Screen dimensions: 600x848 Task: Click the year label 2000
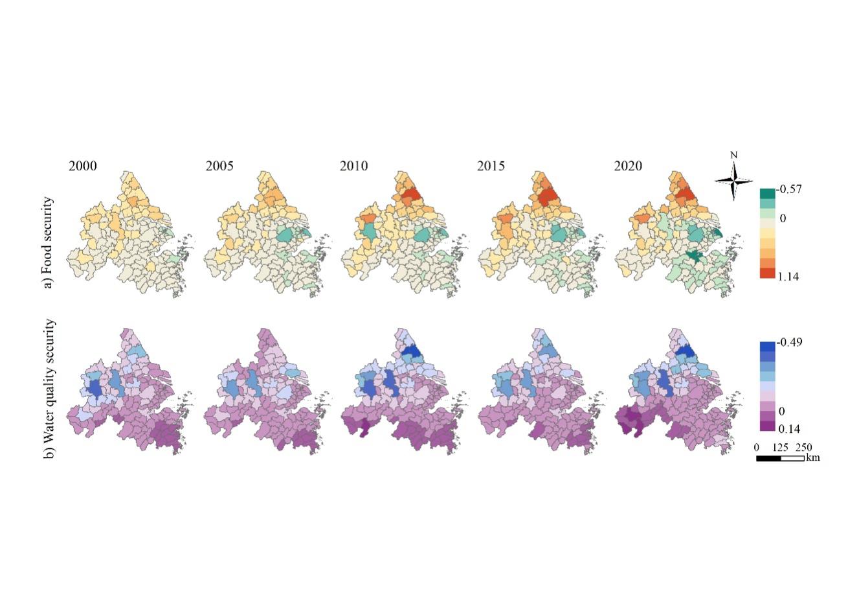[x=83, y=166]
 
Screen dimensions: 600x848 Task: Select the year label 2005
[x=219, y=166]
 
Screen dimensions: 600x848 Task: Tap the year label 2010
[x=353, y=166]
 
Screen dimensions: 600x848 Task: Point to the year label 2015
[x=491, y=166]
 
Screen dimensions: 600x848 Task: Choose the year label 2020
[x=628, y=166]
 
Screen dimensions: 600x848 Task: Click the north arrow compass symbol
[x=734, y=180]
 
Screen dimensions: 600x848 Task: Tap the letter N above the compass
[x=733, y=156]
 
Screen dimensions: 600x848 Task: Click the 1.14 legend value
[x=788, y=276]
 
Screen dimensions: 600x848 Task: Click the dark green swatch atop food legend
[x=767, y=193]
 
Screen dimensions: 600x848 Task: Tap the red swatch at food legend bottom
[x=767, y=273]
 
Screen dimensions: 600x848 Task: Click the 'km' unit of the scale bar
[x=812, y=458]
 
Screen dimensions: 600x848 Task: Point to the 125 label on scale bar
[x=780, y=448]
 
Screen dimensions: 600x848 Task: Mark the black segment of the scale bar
[x=768, y=458]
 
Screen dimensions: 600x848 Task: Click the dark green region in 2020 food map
[x=696, y=256]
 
